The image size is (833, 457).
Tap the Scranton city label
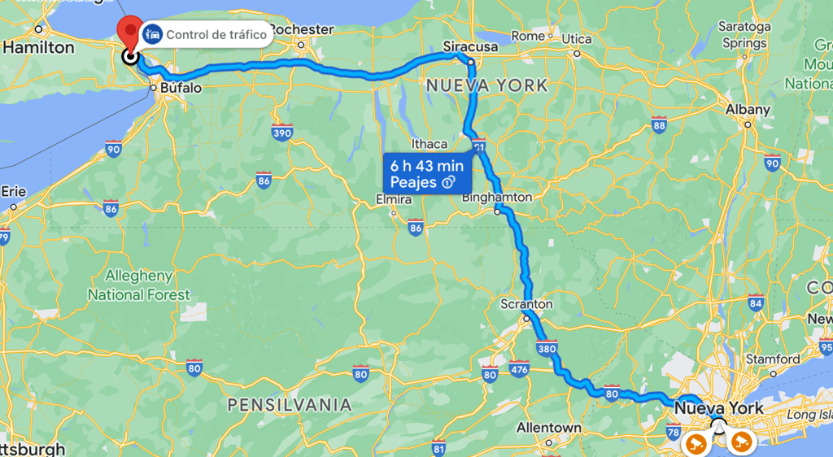[x=526, y=304]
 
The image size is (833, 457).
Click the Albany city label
[x=748, y=110]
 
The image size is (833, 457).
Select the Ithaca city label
[x=430, y=144]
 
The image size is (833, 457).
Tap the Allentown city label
[x=549, y=428]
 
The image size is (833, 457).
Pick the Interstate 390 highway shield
[x=282, y=133]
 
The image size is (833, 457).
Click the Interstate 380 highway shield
[x=547, y=349]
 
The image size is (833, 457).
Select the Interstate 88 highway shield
[x=659, y=124]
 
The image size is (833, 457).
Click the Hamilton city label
[x=38, y=48]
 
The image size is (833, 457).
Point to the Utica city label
[x=576, y=39]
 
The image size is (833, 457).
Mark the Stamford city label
[x=773, y=359]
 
